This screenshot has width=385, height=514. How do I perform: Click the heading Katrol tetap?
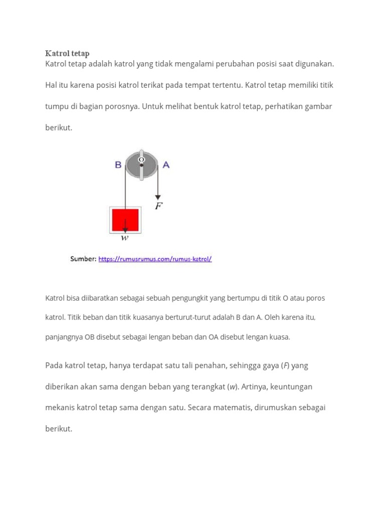click(x=67, y=53)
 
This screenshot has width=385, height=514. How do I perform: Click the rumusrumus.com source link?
click(x=155, y=259)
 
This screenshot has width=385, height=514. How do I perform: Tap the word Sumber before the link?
click(x=83, y=259)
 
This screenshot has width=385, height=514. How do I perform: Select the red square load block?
click(x=125, y=220)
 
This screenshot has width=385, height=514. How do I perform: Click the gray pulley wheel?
click(x=141, y=164)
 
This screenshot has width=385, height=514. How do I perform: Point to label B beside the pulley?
click(x=118, y=165)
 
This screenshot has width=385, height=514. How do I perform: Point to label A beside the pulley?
click(x=166, y=165)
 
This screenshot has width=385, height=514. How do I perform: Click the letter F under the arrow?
click(x=158, y=206)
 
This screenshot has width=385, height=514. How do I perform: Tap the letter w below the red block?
click(x=125, y=238)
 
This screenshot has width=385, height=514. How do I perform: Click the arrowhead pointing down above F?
click(x=158, y=196)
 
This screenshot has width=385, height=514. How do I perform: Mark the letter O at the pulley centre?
click(x=141, y=159)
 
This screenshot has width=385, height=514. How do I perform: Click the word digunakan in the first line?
click(x=313, y=64)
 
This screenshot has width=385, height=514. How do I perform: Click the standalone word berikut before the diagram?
click(x=59, y=127)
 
